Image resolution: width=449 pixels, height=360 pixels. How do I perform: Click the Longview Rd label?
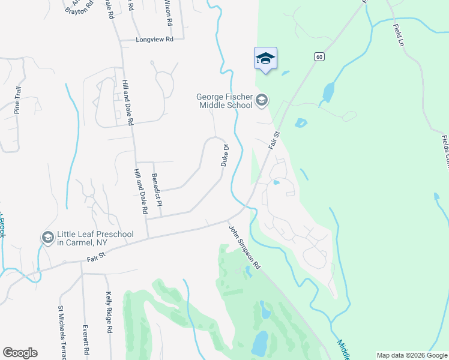click(155, 39)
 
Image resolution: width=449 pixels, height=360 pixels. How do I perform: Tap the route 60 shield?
click(318, 56)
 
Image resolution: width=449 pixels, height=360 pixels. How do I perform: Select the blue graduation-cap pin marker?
click(265, 59)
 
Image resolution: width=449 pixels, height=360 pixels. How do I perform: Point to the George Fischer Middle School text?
click(224, 101)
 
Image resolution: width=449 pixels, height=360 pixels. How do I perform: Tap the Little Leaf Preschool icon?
click(47, 238)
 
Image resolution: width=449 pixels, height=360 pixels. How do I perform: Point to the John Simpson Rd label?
click(244, 247)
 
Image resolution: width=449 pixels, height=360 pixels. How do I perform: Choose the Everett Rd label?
click(86, 340)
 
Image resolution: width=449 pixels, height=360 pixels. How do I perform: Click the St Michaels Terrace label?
click(61, 333)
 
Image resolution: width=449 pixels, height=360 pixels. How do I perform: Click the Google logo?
click(20, 353)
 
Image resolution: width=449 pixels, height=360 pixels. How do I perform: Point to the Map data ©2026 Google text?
click(412, 355)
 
